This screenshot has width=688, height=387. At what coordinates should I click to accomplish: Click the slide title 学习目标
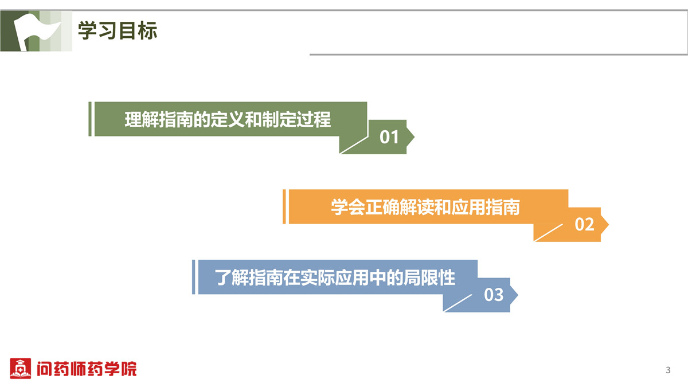coord(118,31)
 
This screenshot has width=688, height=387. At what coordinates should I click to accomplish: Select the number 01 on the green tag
coord(389,137)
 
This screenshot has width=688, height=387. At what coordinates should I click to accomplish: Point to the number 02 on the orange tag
coord(584,225)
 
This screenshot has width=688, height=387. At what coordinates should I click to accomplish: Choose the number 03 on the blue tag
coord(494,295)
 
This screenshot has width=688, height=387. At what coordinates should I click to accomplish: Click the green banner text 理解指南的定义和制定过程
coord(228,119)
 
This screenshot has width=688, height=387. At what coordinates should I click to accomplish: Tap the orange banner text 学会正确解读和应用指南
coord(425,207)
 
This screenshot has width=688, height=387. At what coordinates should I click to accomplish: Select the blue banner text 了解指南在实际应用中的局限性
coord(335,277)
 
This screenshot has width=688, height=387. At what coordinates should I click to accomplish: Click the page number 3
coord(668,370)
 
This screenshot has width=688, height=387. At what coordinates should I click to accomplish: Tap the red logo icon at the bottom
coord(20,368)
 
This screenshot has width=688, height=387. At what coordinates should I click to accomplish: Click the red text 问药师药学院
coord(87,369)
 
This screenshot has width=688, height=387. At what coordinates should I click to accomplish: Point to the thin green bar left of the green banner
coord(90,119)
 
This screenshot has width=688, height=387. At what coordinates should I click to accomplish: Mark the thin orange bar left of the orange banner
coord(284,206)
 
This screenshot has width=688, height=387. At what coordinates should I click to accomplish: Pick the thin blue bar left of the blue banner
coord(194,277)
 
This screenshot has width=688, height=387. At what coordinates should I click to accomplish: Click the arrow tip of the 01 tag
coord(415,136)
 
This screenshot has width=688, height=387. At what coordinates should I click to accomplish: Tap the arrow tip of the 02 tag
coord(608,225)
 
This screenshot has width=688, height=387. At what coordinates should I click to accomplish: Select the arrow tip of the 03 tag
coord(518,295)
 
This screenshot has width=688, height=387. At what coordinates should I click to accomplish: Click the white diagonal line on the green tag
coord(354,145)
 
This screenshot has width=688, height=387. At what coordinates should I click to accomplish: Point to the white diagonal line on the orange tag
coord(549,233)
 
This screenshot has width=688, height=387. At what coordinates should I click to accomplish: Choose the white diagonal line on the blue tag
coord(458,303)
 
